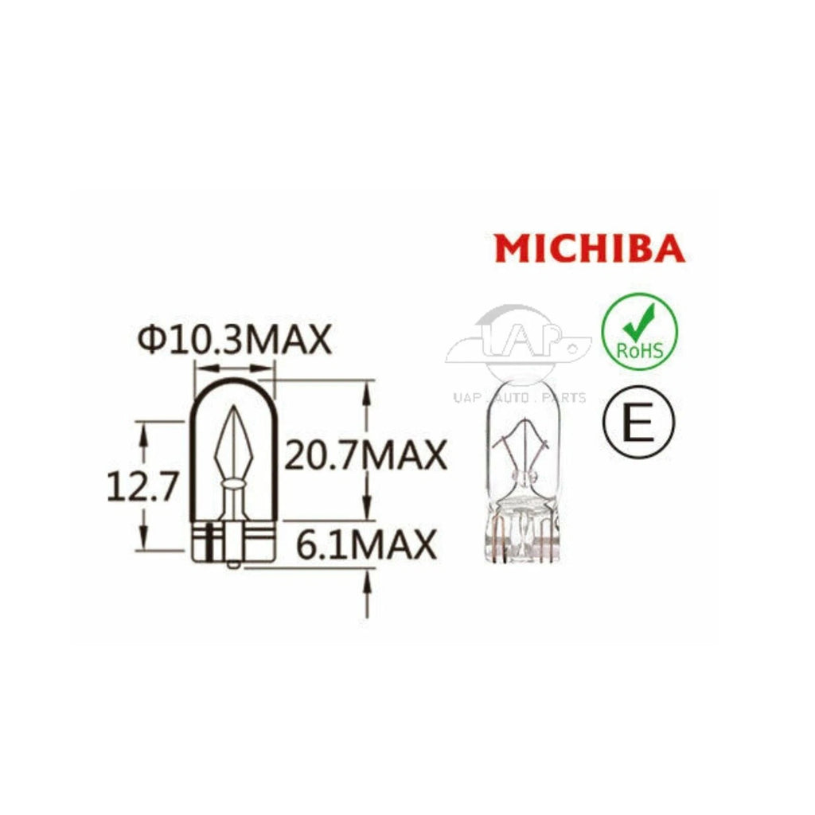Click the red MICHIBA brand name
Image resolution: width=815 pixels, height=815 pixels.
[x=589, y=249]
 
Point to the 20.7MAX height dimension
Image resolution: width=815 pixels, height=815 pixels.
[x=365, y=455]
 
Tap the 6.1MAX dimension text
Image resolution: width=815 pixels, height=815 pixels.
[x=366, y=545]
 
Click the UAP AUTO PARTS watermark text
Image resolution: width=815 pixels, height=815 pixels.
[x=518, y=397]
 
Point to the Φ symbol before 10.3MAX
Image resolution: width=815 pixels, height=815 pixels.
[x=151, y=341]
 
